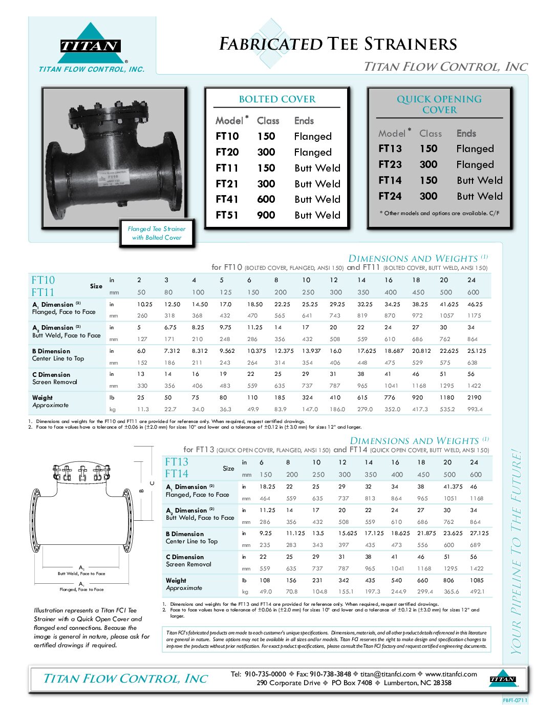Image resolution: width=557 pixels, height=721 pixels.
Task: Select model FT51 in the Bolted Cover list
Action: pyautogui.click(x=227, y=215)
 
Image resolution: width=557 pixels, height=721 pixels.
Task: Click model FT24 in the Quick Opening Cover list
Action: pyautogui.click(x=390, y=196)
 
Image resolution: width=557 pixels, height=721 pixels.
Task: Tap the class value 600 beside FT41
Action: pyautogui.click(x=266, y=199)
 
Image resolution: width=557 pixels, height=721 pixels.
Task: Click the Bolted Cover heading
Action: pyautogui.click(x=277, y=99)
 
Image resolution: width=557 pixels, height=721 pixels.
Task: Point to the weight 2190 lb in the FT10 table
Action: pyautogui.click(x=474, y=397)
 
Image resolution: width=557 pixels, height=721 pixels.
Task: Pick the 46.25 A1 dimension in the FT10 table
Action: pyautogui.click(x=475, y=304)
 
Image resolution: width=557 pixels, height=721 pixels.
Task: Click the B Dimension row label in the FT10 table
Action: pyautogui.click(x=51, y=351)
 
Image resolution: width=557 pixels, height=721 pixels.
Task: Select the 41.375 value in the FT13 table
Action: pyautogui.click(x=453, y=486)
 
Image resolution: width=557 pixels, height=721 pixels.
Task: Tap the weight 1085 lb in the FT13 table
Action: pyautogui.click(x=477, y=580)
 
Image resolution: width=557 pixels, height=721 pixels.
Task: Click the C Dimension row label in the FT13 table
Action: pyautogui.click(x=185, y=557)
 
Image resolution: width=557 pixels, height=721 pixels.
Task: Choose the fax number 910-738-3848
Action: pyautogui.click(x=330, y=674)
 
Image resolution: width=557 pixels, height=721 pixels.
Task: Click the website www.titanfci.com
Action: pyautogui.click(x=451, y=674)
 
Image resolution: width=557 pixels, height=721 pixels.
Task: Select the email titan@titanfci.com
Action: pyautogui.click(x=388, y=674)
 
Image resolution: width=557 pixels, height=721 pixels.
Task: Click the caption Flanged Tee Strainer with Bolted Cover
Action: pyautogui.click(x=157, y=234)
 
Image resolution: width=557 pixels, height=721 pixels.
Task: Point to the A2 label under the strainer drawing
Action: pyautogui.click(x=81, y=567)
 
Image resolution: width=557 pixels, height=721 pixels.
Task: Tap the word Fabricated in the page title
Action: pyautogui.click(x=271, y=45)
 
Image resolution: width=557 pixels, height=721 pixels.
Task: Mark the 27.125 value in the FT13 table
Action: pyautogui.click(x=479, y=533)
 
